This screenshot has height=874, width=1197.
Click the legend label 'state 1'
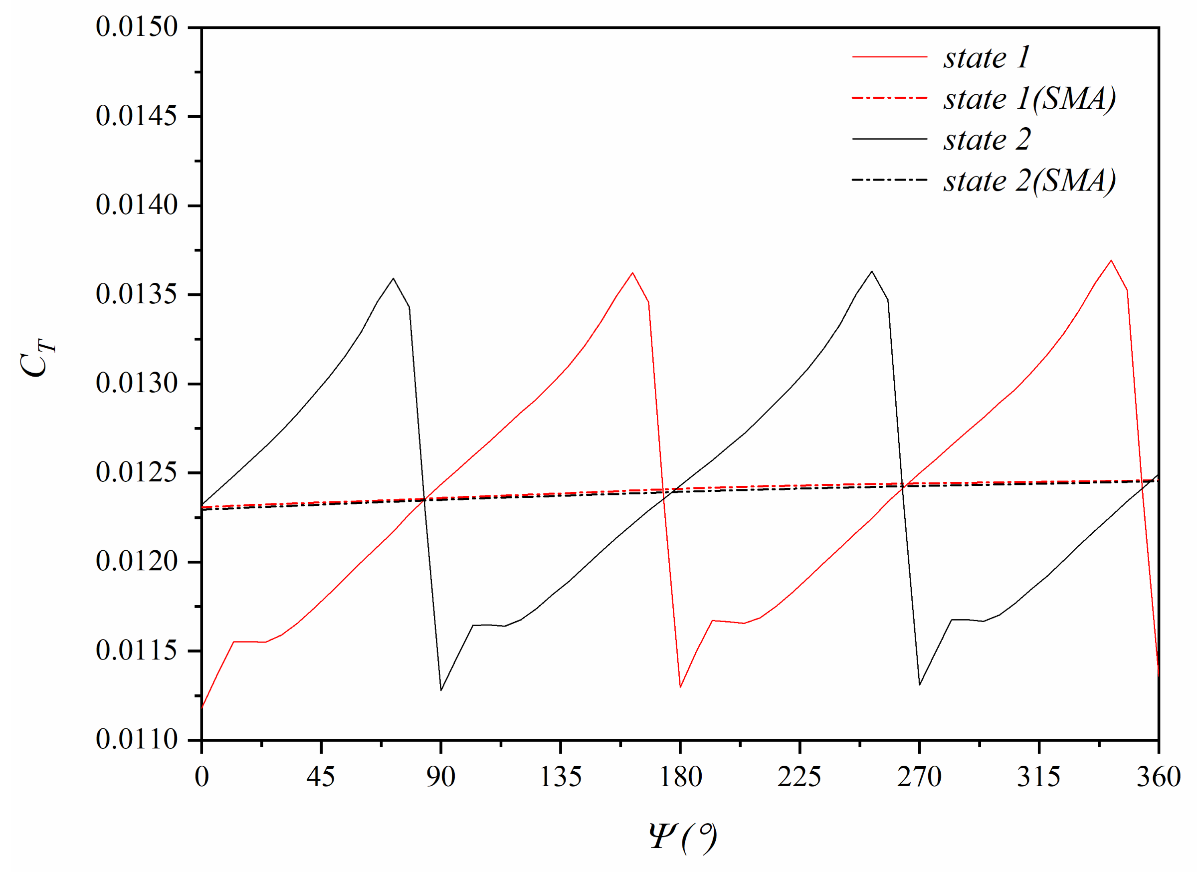pyautogui.click(x=987, y=57)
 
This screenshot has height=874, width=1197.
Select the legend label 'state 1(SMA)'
pyautogui.click(x=1029, y=98)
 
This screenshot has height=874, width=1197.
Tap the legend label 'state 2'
pyautogui.click(x=987, y=140)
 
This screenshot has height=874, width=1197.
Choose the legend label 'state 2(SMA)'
pyautogui.click(x=1029, y=181)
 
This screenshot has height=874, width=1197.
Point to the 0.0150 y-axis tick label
pyautogui.click(x=137, y=26)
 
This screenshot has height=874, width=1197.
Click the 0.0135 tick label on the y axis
pyautogui.click(x=137, y=294)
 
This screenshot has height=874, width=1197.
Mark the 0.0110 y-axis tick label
pyautogui.click(x=137, y=740)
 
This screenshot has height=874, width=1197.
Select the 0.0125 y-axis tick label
pyautogui.click(x=137, y=472)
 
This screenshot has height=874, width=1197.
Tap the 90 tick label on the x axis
pyautogui.click(x=440, y=777)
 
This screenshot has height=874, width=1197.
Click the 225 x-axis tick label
pyautogui.click(x=799, y=777)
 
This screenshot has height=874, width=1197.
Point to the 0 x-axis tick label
pyautogui.click(x=201, y=777)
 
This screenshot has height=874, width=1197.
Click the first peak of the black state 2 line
pyautogui.click(x=393, y=278)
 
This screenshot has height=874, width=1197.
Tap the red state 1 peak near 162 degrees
pyautogui.click(x=632, y=273)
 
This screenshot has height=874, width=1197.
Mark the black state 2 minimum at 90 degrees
pyautogui.click(x=440, y=690)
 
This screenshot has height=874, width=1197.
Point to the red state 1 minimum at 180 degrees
pyautogui.click(x=680, y=687)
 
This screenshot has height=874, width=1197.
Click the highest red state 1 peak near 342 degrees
pyautogui.click(x=1111, y=260)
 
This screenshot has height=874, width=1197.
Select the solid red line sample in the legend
pyautogui.click(x=890, y=56)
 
